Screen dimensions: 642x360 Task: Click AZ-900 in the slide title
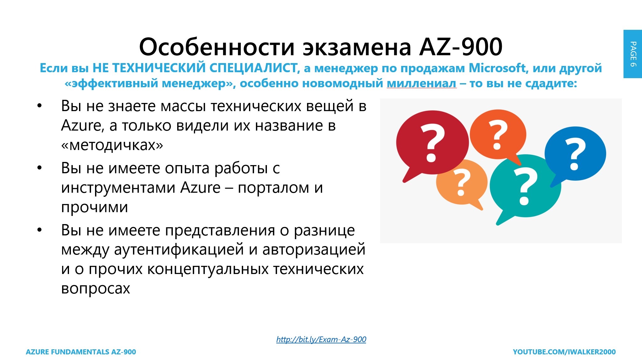coord(461,47)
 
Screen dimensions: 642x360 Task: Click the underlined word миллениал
coord(422,83)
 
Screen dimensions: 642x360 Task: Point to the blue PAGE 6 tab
coord(633,54)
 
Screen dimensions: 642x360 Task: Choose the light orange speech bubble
coord(461,183)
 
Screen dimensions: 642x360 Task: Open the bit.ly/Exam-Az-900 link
coord(321,339)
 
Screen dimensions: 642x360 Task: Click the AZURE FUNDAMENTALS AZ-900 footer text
coord(81,352)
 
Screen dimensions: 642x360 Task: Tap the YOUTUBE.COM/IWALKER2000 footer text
coord(564,352)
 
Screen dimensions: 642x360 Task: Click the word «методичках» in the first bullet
coord(112,145)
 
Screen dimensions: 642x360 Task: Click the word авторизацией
coord(314,250)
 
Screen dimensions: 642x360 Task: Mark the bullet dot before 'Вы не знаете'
coord(39,106)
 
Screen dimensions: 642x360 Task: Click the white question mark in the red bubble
coord(432,143)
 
